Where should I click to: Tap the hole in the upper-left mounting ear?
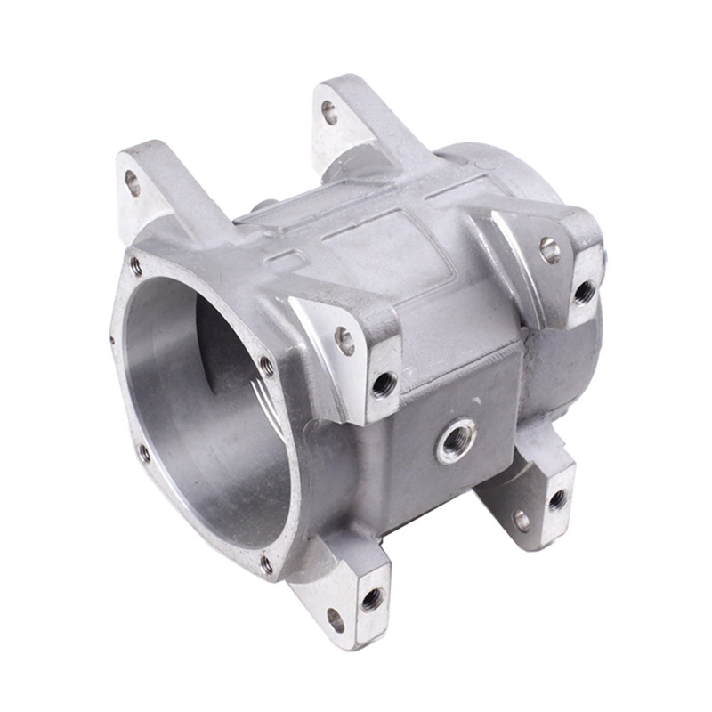133,182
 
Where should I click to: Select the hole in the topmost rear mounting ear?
329,111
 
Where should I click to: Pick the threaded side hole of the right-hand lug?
584,290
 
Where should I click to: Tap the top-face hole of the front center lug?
344,339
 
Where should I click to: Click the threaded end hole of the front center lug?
384,384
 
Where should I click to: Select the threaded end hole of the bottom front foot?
373,597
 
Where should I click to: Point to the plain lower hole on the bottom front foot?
336,619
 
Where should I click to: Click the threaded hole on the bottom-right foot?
557,499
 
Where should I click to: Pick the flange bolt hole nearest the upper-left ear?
136,264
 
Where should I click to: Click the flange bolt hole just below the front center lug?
265,362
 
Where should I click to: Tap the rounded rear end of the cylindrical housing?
525,178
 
